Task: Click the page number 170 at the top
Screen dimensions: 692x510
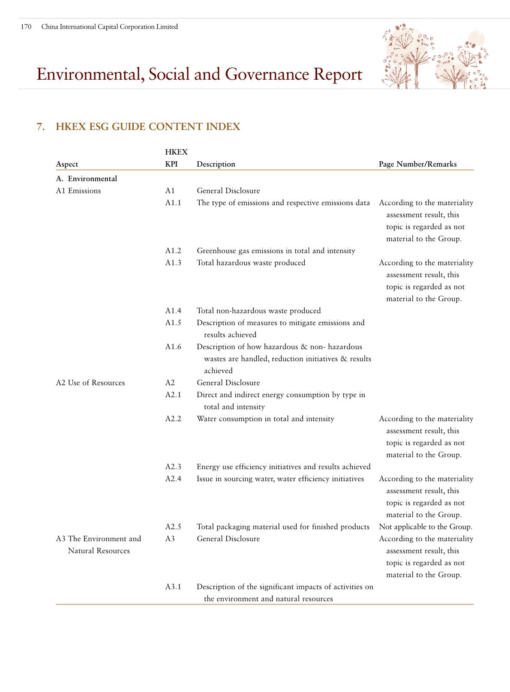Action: click(x=26, y=27)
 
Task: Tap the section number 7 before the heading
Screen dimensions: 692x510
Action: click(x=40, y=127)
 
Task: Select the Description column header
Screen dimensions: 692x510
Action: click(x=216, y=164)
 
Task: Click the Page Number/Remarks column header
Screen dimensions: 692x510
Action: click(x=417, y=164)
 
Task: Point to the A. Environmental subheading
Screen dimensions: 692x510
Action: click(x=86, y=179)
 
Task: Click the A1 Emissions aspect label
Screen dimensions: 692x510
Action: click(x=78, y=191)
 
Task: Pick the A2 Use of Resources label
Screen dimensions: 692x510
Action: click(x=90, y=383)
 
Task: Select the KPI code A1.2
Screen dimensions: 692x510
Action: click(x=173, y=251)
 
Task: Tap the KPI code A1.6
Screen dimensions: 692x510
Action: click(x=173, y=347)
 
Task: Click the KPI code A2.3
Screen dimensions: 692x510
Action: click(x=173, y=467)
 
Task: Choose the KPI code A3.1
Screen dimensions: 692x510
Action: click(x=173, y=587)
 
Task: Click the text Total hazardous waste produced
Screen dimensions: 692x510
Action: click(x=251, y=263)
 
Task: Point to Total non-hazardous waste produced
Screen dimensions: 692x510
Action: click(x=258, y=311)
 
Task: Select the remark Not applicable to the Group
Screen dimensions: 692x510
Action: click(x=425, y=527)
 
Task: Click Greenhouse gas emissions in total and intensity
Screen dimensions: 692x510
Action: click(x=276, y=251)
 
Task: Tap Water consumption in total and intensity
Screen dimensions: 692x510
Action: click(x=265, y=419)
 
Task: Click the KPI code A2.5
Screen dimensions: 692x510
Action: click(x=173, y=527)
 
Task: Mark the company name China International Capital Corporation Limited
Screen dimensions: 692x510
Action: click(x=109, y=27)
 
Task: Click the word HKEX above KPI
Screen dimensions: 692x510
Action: click(x=176, y=152)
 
